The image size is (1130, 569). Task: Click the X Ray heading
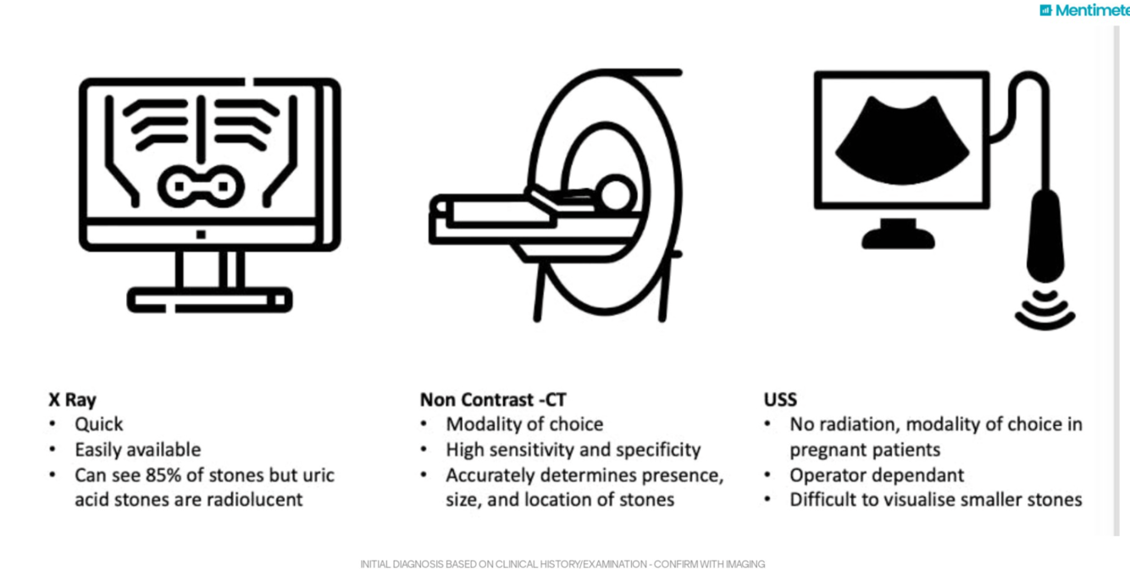[x=72, y=400]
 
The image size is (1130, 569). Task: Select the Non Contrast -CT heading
[x=493, y=400]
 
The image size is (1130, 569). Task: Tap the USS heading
[x=780, y=400]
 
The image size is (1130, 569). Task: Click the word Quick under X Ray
[x=99, y=424]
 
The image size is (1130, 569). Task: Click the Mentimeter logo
[x=1085, y=10]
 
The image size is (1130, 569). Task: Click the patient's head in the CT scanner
[x=616, y=195]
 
